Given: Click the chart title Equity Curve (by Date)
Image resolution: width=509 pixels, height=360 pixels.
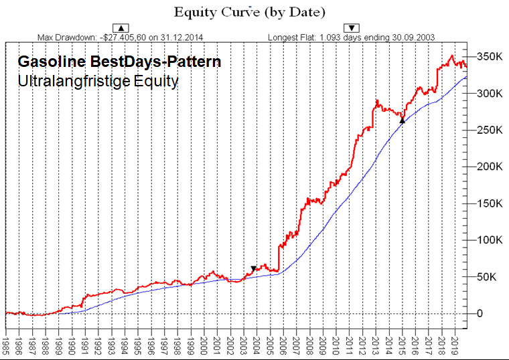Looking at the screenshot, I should click(249, 12).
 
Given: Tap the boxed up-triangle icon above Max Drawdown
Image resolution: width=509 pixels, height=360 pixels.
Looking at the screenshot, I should click(121, 27).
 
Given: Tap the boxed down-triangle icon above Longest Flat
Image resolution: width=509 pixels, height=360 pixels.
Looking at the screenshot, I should click(352, 27).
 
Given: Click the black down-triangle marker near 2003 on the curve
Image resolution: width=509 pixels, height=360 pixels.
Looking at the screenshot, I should click(253, 269).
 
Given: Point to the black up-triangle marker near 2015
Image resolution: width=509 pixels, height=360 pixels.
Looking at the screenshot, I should click(403, 120).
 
